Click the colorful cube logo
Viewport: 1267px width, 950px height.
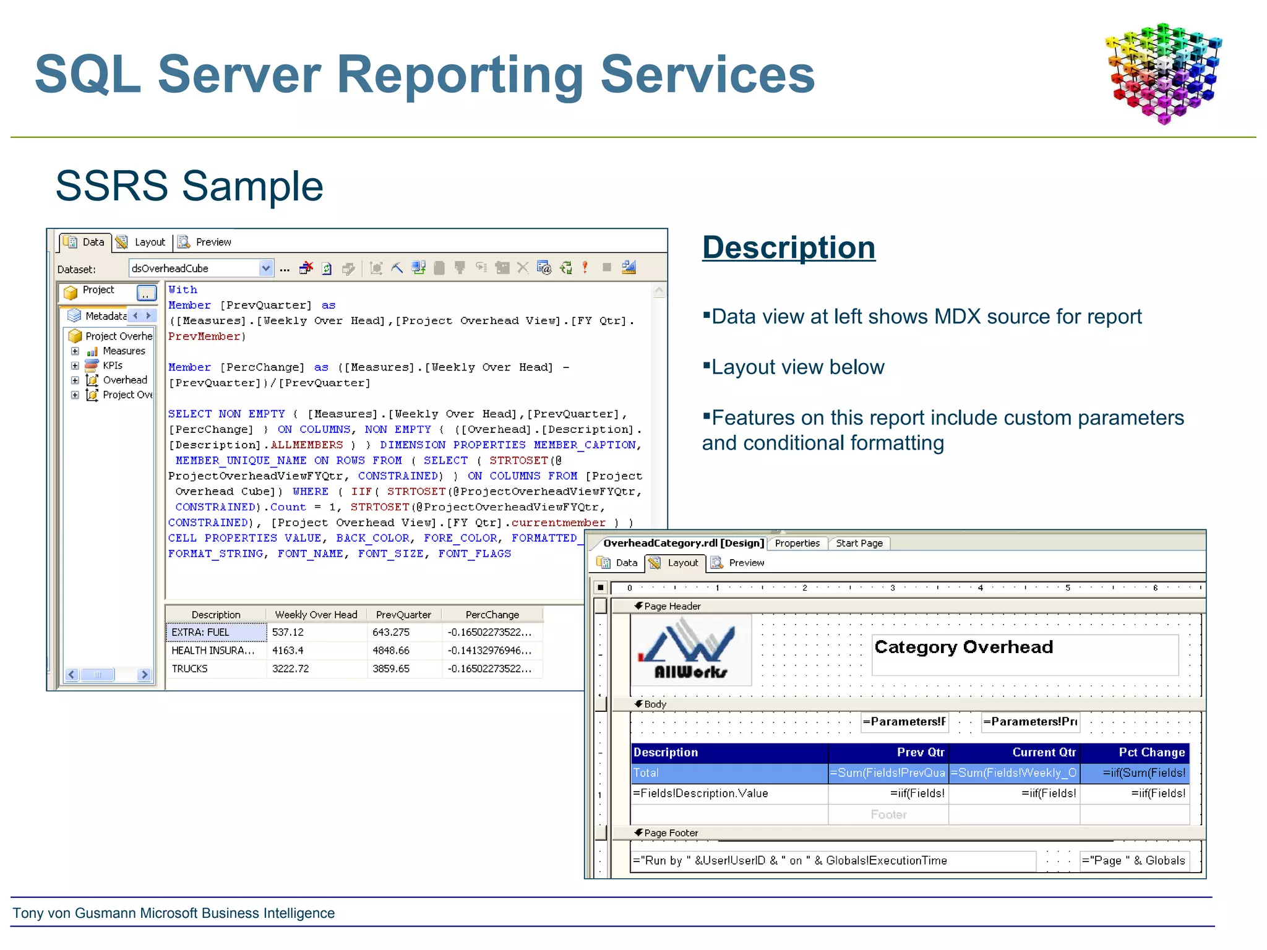tap(1163, 73)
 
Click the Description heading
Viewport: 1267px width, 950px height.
tap(789, 247)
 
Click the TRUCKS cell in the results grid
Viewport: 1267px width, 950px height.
tap(190, 669)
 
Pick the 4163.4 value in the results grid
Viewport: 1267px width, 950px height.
tap(288, 651)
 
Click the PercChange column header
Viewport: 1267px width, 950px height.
tap(492, 615)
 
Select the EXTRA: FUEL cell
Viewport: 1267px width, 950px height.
tap(200, 632)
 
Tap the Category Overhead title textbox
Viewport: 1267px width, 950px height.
tap(1024, 654)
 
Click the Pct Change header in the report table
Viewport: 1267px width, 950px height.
tap(1151, 752)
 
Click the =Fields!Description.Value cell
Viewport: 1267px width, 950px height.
tap(700, 794)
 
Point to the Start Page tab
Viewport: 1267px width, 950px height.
tap(859, 543)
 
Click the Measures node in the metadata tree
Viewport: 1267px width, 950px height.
tap(124, 351)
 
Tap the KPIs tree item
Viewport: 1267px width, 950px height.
tap(113, 366)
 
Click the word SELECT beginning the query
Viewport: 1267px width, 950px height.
tap(189, 414)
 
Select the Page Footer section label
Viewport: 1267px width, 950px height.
tap(671, 833)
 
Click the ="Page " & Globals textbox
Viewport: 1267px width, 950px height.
tap(1133, 860)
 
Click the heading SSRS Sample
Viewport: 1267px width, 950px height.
tap(189, 186)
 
